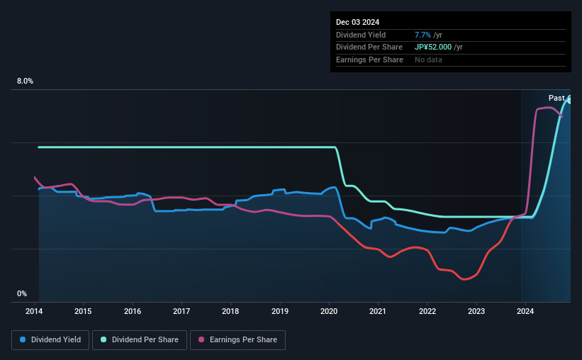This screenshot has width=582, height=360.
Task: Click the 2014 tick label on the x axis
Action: (x=35, y=311)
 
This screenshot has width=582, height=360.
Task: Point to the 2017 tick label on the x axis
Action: (x=181, y=311)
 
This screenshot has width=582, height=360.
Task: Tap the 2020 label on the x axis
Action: (x=329, y=311)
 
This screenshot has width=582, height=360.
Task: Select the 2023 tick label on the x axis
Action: (x=476, y=311)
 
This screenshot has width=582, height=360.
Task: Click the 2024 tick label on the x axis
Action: (x=525, y=311)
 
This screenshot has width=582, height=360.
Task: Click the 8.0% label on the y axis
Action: (x=25, y=81)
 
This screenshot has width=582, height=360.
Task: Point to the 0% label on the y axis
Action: (x=22, y=293)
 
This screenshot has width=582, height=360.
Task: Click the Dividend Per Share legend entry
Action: (x=141, y=340)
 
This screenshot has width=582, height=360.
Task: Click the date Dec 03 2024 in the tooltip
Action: (x=359, y=21)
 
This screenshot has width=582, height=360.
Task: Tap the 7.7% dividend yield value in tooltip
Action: (x=424, y=35)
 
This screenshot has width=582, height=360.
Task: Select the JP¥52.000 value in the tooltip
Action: (x=434, y=47)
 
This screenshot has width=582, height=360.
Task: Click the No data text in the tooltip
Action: (x=428, y=60)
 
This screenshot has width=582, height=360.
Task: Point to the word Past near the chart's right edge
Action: (x=556, y=98)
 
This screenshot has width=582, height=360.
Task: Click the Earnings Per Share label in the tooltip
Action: (x=369, y=60)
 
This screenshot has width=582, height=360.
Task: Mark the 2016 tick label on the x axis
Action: (x=133, y=311)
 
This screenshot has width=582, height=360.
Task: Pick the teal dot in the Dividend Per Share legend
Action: (x=104, y=340)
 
